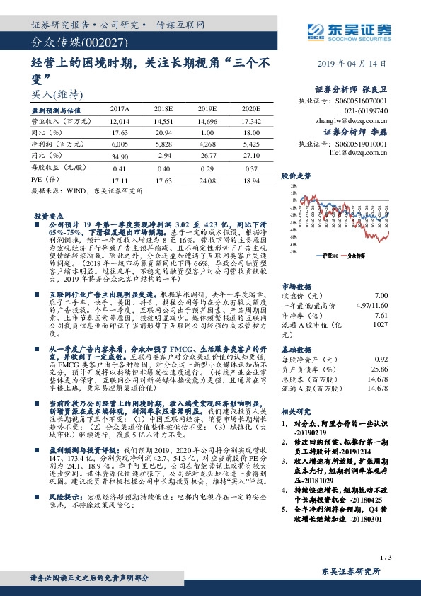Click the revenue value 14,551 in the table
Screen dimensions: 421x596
[x=163, y=122]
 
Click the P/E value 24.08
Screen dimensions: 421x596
[x=207, y=180]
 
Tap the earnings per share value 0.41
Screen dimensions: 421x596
[x=120, y=169]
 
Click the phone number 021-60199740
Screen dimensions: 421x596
[x=367, y=111]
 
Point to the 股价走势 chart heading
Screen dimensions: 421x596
[x=296, y=175]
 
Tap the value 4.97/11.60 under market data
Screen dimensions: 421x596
[x=372, y=305]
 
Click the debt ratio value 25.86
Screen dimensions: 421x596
[x=380, y=369]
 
